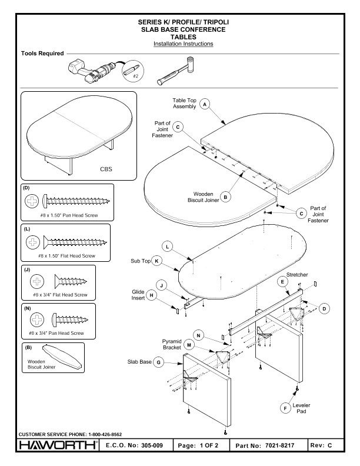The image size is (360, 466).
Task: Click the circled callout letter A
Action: tap(205, 103)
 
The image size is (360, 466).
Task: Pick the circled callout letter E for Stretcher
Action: tap(284, 282)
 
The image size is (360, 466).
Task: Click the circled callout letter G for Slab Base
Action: tap(158, 362)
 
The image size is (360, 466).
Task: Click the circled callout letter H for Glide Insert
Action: tap(151, 295)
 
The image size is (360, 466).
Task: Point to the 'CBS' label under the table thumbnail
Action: tap(106, 171)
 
